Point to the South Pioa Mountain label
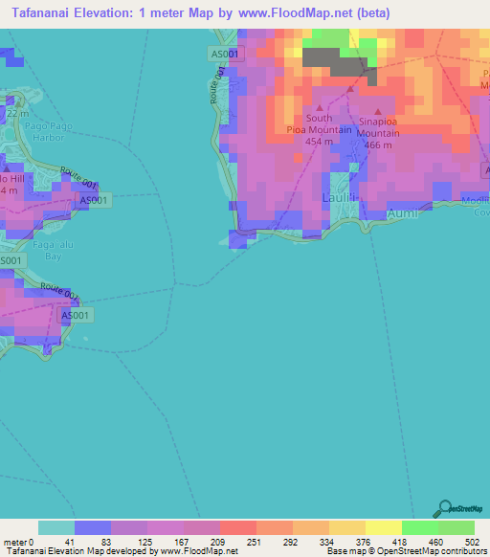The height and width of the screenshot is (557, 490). click(319, 124)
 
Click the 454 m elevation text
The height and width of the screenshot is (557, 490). click(319, 142)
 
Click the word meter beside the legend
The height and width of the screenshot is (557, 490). click(14, 542)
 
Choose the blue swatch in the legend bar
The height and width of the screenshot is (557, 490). click(93, 527)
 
